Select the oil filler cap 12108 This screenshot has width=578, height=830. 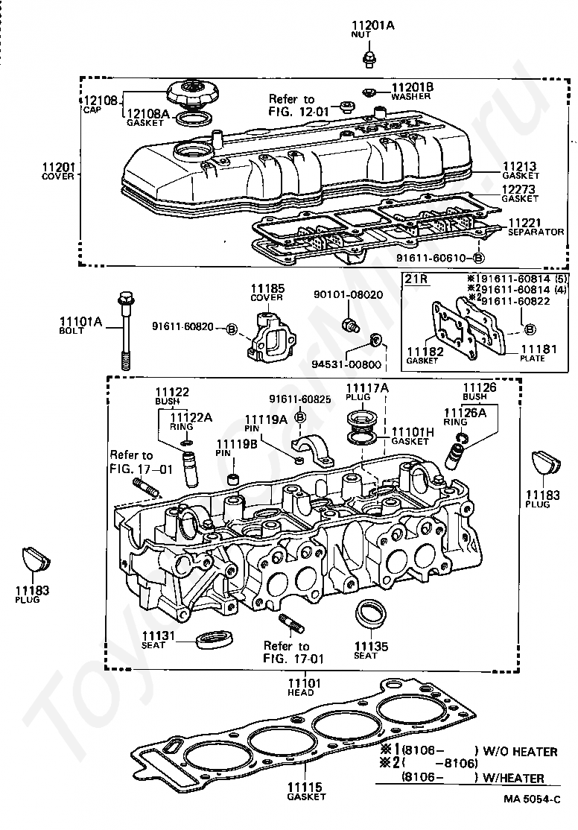click(190, 95)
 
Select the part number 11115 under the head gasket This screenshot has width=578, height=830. click(305, 787)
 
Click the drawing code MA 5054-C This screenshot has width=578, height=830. click(531, 814)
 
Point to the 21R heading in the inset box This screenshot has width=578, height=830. click(416, 279)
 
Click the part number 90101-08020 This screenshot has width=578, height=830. click(349, 295)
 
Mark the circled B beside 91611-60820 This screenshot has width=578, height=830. click(232, 328)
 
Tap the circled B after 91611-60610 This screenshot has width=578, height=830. click(477, 259)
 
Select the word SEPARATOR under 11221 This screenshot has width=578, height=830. click(535, 232)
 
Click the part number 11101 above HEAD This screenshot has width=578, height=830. click(305, 682)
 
